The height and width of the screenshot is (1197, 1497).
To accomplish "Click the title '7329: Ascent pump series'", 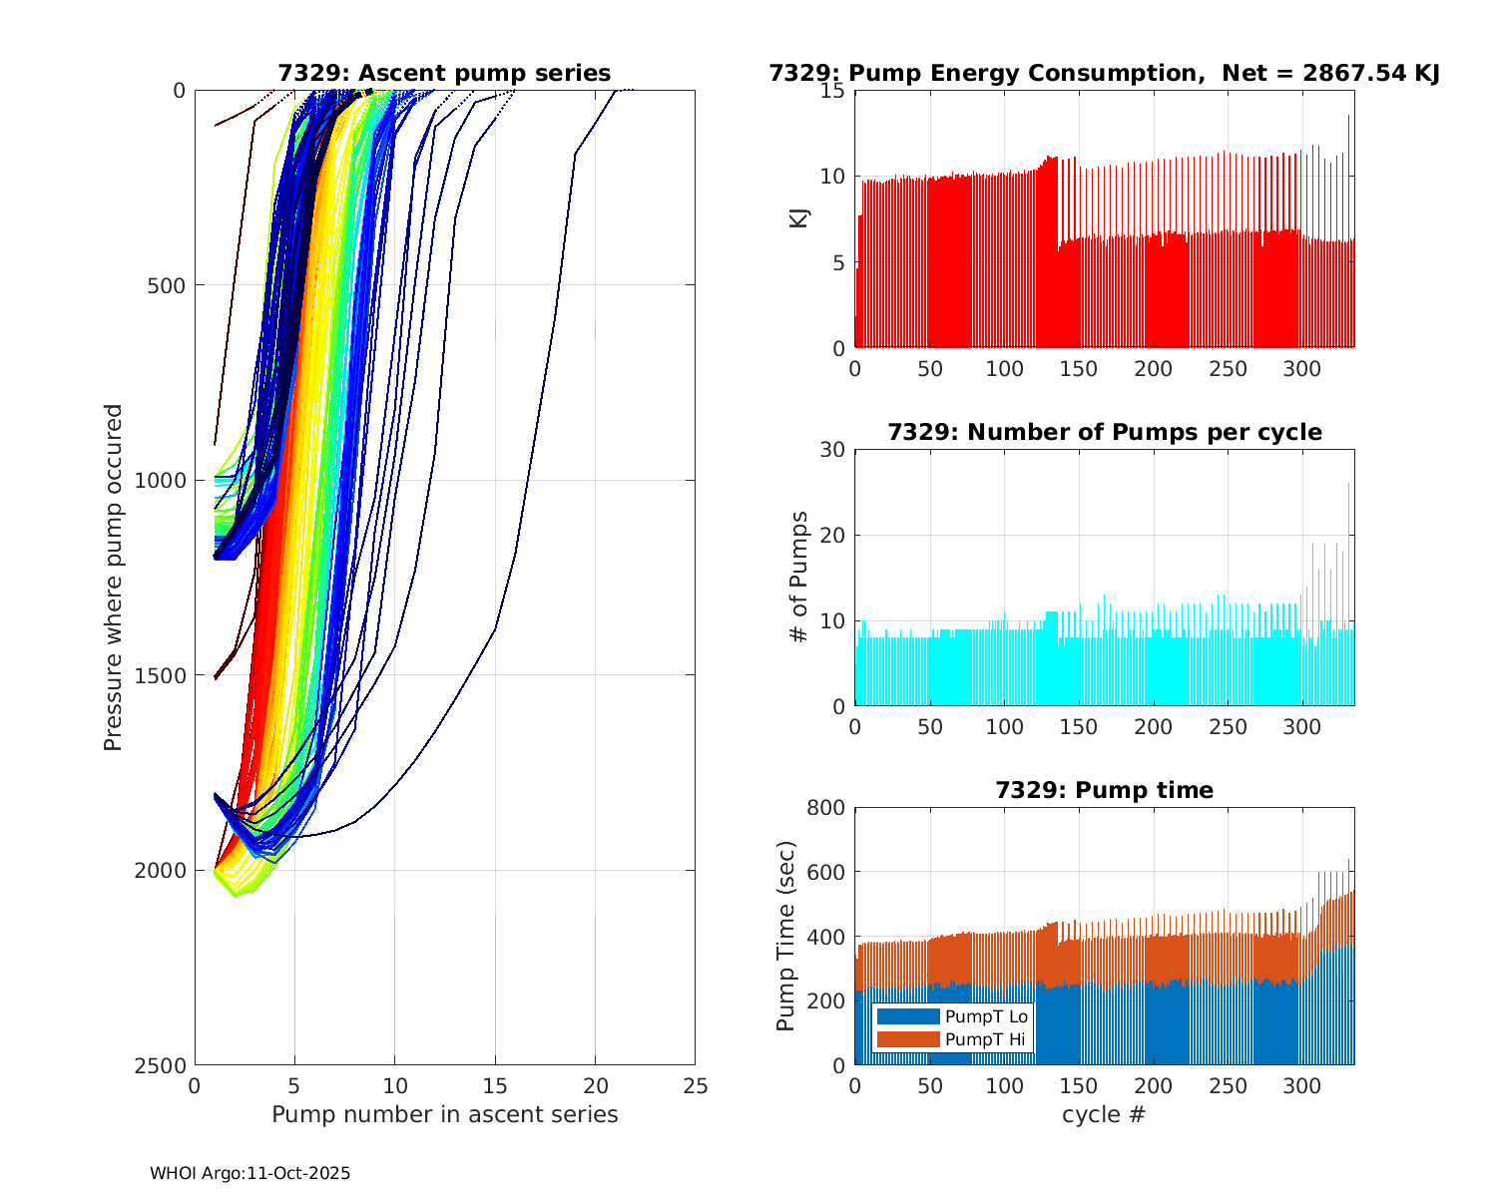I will [444, 74].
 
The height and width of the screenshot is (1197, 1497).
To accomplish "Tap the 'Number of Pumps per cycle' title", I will [1104, 433].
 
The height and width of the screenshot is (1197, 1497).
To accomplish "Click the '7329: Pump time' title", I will [1104, 791].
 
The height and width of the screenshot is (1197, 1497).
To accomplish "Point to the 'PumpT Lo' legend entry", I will [986, 1016].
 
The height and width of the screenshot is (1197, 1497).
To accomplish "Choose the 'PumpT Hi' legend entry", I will [986, 1039].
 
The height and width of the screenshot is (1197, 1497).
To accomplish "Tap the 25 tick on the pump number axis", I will [695, 1086].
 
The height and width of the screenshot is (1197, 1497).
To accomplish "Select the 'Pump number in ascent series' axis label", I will [444, 1115].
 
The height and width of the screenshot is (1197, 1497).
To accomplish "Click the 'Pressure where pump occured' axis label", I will [114, 578].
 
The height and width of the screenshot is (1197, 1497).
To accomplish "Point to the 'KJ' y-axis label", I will [799, 218].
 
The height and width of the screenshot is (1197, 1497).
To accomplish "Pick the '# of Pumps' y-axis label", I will [799, 577].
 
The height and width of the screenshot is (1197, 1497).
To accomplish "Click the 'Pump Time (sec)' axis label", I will [786, 937].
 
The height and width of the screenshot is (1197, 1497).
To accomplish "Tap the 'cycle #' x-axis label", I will [1104, 1115].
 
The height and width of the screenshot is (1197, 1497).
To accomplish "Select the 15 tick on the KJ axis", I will [832, 91].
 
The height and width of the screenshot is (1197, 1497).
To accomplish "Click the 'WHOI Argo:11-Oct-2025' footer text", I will [250, 1174].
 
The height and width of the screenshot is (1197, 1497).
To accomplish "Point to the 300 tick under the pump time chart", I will [1302, 1086].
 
